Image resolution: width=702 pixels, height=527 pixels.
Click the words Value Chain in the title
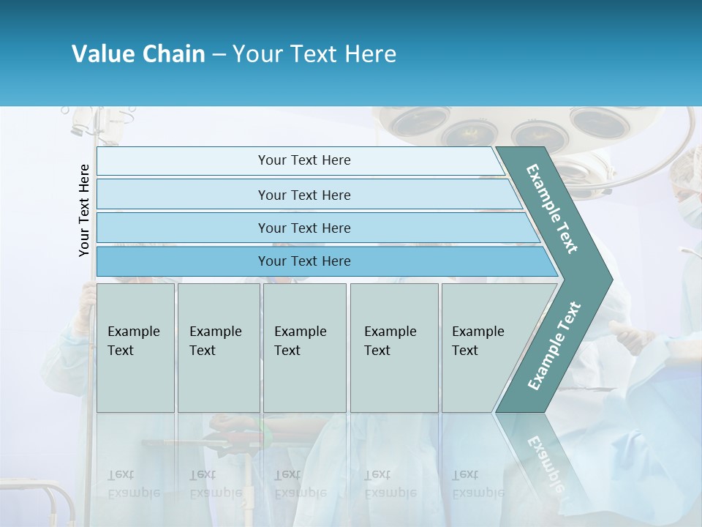[x=138, y=54]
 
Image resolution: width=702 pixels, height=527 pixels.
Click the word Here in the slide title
[x=370, y=54]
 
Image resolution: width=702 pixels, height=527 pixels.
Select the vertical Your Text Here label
[x=85, y=210]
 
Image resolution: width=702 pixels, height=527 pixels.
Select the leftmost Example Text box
[x=135, y=347]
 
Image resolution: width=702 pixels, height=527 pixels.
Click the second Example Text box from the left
[x=218, y=347]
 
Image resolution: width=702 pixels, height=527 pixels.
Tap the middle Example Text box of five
[x=304, y=347]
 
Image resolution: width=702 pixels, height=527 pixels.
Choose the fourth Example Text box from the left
[x=394, y=347]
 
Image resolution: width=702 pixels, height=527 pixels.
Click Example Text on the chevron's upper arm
[x=552, y=209]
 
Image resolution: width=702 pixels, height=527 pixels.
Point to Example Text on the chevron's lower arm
[x=554, y=345]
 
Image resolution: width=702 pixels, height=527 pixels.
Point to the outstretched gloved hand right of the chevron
[x=630, y=335]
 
